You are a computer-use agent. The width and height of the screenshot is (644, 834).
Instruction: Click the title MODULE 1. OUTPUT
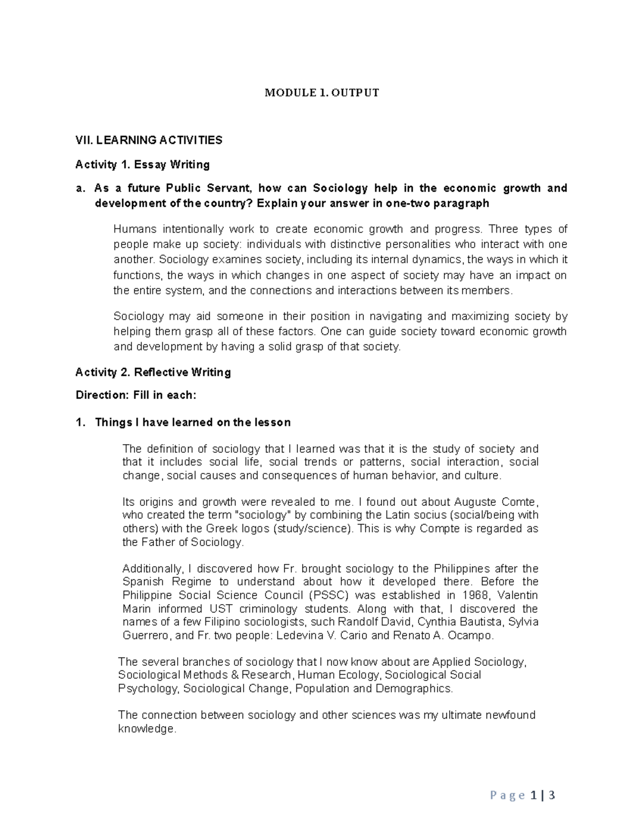tap(321, 93)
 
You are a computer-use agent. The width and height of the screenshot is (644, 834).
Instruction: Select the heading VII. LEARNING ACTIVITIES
tap(149, 141)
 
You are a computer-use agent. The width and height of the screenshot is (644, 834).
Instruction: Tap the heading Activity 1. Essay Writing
tap(142, 164)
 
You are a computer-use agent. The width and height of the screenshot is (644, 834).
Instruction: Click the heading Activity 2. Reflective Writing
tap(153, 372)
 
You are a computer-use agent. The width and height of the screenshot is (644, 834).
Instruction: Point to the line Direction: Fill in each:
tap(136, 395)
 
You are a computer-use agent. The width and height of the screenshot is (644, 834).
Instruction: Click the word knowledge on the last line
tap(146, 729)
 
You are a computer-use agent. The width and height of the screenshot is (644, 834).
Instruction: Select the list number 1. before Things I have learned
tap(80, 423)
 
